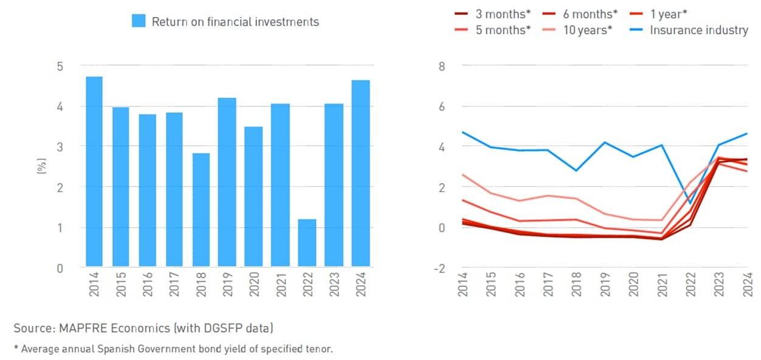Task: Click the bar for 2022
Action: click(306, 243)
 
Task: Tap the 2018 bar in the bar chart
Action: click(201, 210)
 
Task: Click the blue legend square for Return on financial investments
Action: click(139, 22)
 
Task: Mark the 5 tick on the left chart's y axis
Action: click(60, 66)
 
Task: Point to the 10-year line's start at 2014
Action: click(463, 175)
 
